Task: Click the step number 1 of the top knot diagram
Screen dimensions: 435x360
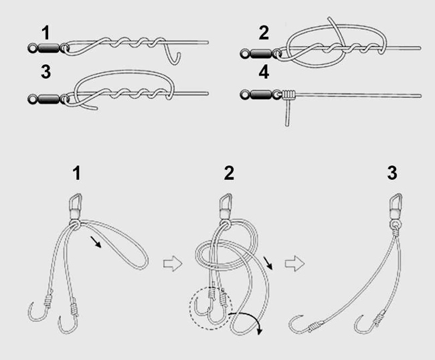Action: coord(46,33)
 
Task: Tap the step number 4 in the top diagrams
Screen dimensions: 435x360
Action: coord(264,72)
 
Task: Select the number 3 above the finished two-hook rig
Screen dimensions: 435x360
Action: coord(392,173)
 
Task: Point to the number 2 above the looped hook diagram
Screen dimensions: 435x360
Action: coord(229,173)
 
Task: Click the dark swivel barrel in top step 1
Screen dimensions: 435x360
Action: coord(49,48)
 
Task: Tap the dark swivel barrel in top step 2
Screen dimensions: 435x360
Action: coord(261,54)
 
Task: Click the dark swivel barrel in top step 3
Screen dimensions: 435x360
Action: coord(49,99)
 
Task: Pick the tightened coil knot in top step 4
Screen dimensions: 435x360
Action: coord(288,95)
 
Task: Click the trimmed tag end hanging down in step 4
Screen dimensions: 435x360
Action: coord(288,113)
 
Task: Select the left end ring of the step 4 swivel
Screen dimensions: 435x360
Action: coord(245,95)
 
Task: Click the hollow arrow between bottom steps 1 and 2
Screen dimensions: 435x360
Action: coord(173,264)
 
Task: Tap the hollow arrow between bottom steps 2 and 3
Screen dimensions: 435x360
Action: coord(294,264)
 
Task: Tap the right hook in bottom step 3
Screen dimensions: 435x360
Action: coord(369,323)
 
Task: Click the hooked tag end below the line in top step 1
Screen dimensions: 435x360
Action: coord(172,54)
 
